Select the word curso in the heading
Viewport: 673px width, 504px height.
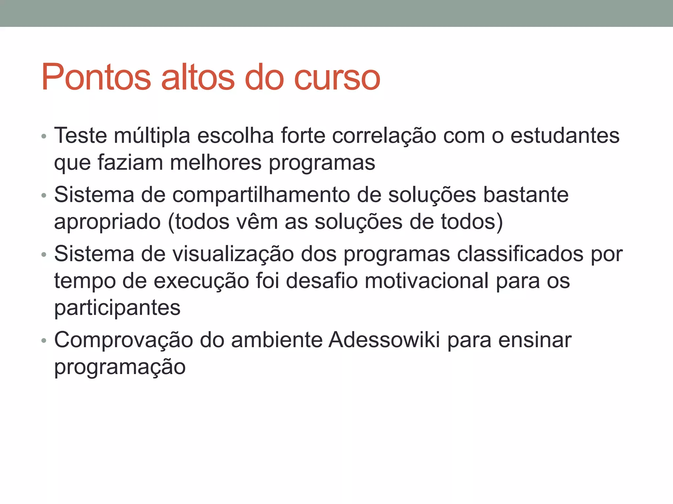click(x=337, y=78)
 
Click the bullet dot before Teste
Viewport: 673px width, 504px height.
click(x=44, y=136)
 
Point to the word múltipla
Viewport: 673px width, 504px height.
click(x=152, y=136)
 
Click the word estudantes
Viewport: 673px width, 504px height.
click(x=565, y=136)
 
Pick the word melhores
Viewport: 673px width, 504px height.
click(x=216, y=162)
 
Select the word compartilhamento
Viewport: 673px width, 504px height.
click(x=261, y=195)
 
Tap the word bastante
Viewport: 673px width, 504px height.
click(x=525, y=195)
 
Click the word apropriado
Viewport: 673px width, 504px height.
click(x=107, y=222)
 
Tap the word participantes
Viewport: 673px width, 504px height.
click(x=117, y=308)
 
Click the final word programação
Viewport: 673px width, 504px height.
click(x=120, y=367)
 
